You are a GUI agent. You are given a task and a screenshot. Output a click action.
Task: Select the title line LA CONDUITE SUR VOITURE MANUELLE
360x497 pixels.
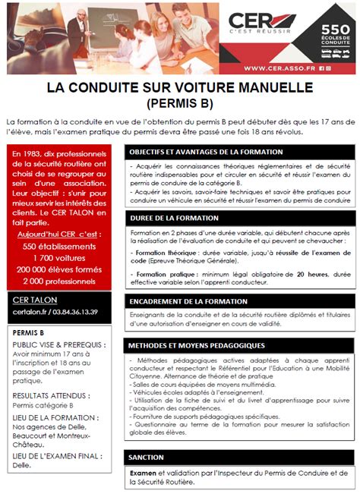179,87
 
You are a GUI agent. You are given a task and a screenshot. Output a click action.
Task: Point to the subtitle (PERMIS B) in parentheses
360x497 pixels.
179,102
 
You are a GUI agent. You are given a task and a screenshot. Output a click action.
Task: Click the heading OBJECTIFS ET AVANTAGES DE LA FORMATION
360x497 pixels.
205,153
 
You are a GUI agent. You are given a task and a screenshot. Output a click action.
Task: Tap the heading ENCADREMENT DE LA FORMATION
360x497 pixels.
188,301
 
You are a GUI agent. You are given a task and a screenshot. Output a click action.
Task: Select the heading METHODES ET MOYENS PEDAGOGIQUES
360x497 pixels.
197,345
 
